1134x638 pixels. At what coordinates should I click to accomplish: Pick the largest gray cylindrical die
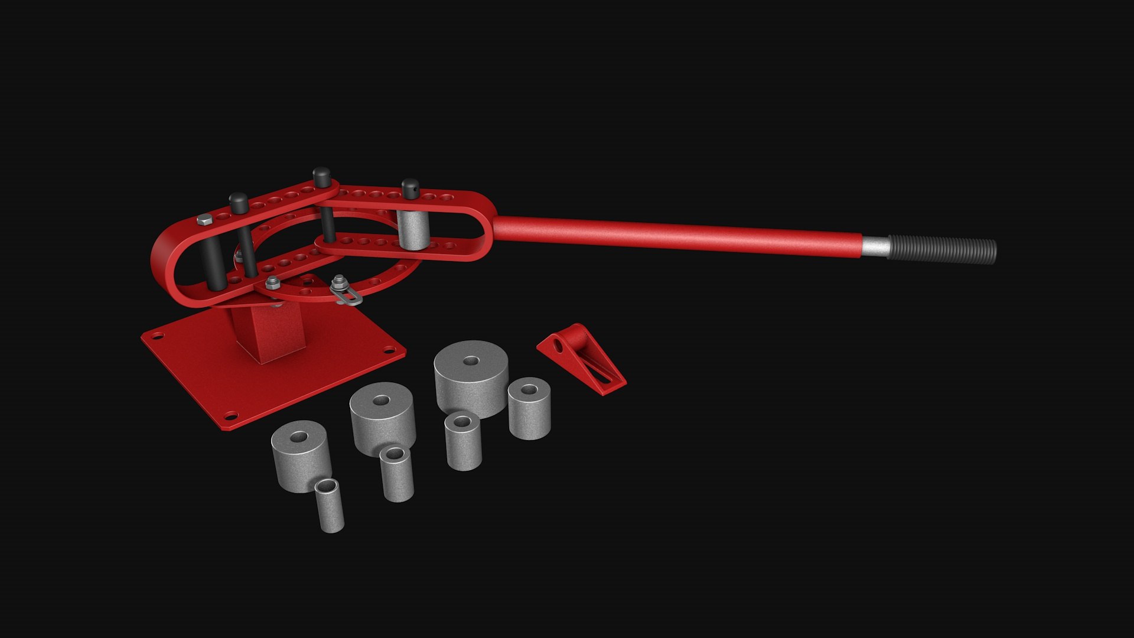(471, 378)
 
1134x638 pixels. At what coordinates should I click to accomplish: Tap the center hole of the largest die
(471, 360)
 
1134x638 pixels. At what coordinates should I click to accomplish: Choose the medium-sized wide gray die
(382, 416)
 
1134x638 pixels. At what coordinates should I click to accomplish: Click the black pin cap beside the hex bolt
(238, 202)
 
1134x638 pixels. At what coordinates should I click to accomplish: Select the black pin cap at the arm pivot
(322, 176)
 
